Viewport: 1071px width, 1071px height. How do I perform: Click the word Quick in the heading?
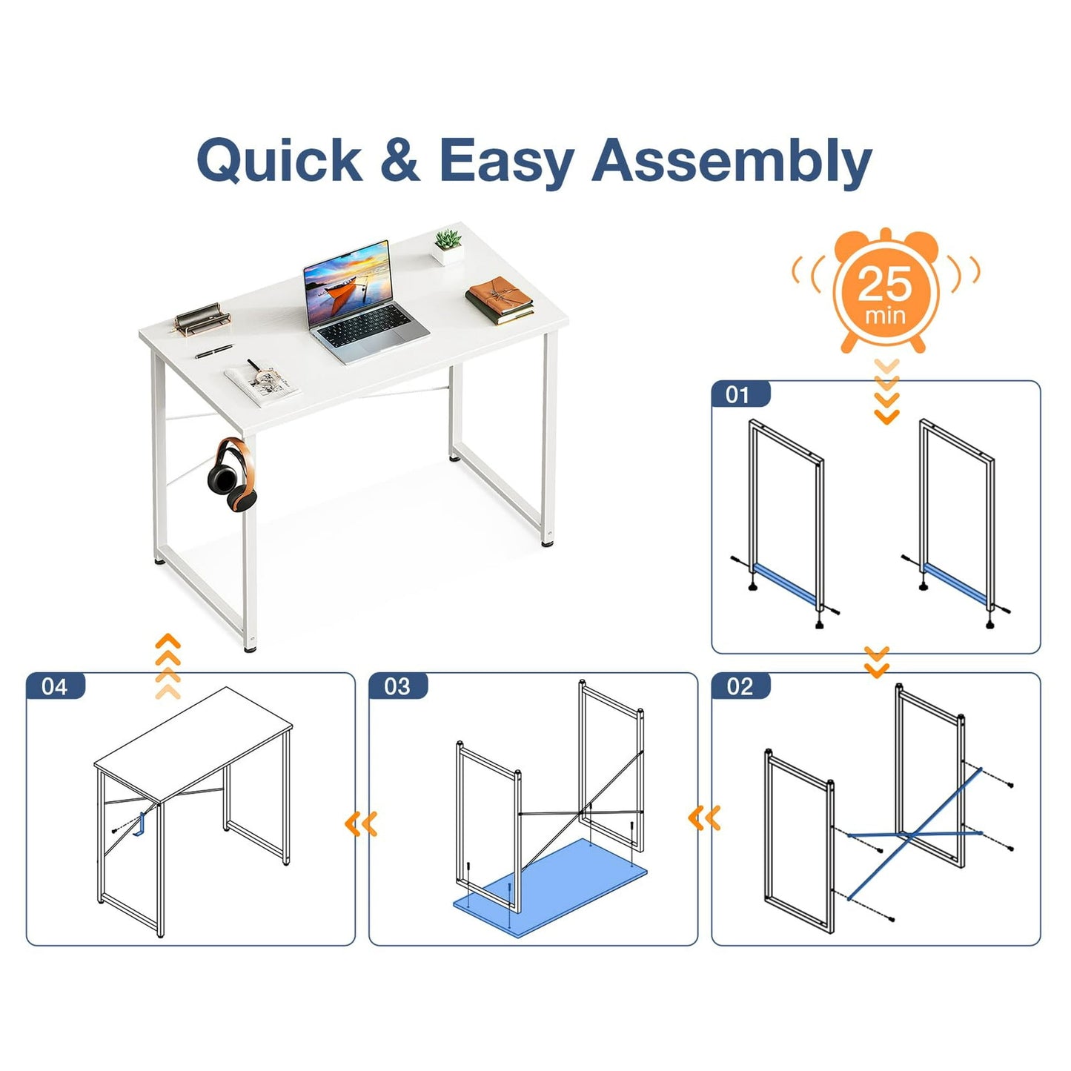(280, 160)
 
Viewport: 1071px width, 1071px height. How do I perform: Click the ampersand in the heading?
(400, 159)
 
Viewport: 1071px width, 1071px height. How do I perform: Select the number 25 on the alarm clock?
(886, 283)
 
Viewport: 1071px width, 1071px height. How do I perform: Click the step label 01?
(737, 395)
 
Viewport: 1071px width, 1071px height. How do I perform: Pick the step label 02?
(740, 687)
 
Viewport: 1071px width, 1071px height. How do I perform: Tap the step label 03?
(397, 687)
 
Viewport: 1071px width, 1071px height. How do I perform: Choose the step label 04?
(54, 687)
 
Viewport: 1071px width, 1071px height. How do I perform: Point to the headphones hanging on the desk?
(232, 474)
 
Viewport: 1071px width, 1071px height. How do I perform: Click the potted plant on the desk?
(448, 246)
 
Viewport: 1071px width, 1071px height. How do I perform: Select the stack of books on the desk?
(500, 301)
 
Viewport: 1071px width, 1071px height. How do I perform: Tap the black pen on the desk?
(214, 351)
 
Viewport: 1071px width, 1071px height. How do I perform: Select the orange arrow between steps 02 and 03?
(704, 818)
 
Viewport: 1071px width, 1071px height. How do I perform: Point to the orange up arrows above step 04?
(168, 666)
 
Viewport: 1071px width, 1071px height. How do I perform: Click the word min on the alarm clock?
(886, 316)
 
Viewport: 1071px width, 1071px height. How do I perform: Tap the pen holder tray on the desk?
(202, 319)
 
